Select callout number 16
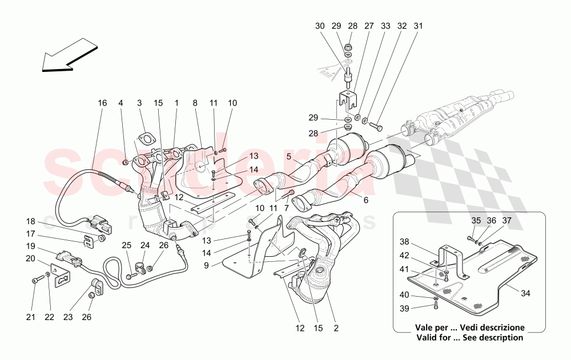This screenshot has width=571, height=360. (102, 103)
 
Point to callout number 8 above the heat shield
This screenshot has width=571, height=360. (195, 103)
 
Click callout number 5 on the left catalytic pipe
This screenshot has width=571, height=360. (289, 156)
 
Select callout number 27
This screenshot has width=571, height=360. (369, 26)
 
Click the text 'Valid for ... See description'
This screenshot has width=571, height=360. (469, 337)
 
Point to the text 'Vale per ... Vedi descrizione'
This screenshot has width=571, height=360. (469, 328)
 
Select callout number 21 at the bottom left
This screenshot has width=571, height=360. (31, 317)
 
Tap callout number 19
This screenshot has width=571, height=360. (31, 246)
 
